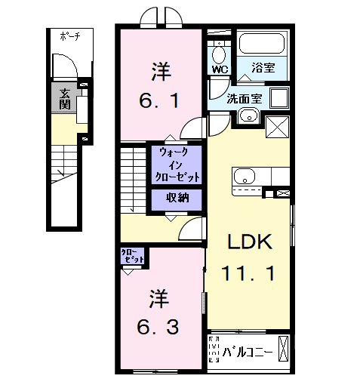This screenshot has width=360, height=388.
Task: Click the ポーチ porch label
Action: pyautogui.click(x=70, y=36)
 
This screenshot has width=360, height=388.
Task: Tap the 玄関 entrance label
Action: pyautogui.click(x=65, y=99)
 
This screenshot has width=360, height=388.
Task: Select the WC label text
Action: pyautogui.click(x=220, y=69)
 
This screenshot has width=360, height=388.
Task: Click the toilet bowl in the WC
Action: pyautogui.click(x=219, y=54)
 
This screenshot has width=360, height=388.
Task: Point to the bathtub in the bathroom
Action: pyautogui.click(x=262, y=43)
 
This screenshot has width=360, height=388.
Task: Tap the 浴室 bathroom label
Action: pyautogui.click(x=263, y=67)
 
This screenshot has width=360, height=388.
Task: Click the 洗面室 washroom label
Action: pyautogui.click(x=244, y=98)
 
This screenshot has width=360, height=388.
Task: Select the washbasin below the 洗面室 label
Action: pyautogui.click(x=248, y=117)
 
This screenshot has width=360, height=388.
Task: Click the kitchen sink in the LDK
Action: pyautogui.click(x=245, y=176)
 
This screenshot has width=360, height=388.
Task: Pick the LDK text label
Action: pyautogui.click(x=250, y=242)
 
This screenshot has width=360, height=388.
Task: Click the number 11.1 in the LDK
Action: pyautogui.click(x=248, y=273)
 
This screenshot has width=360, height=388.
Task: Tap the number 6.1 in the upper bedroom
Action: pyautogui.click(x=159, y=100)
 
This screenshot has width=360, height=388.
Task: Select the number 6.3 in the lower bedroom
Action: pyautogui.click(x=158, y=327)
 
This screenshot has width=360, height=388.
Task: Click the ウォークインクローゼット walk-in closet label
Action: pyautogui.click(x=177, y=165)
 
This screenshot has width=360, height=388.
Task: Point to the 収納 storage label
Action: pyautogui.click(x=177, y=198)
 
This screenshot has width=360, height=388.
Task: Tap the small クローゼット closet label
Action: pyautogui.click(x=132, y=256)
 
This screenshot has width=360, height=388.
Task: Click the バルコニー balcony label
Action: pyautogui.click(x=247, y=352)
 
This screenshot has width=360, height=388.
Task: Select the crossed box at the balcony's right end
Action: pyautogui.click(x=283, y=349)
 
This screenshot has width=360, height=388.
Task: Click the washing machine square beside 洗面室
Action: pyautogui.click(x=279, y=97)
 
